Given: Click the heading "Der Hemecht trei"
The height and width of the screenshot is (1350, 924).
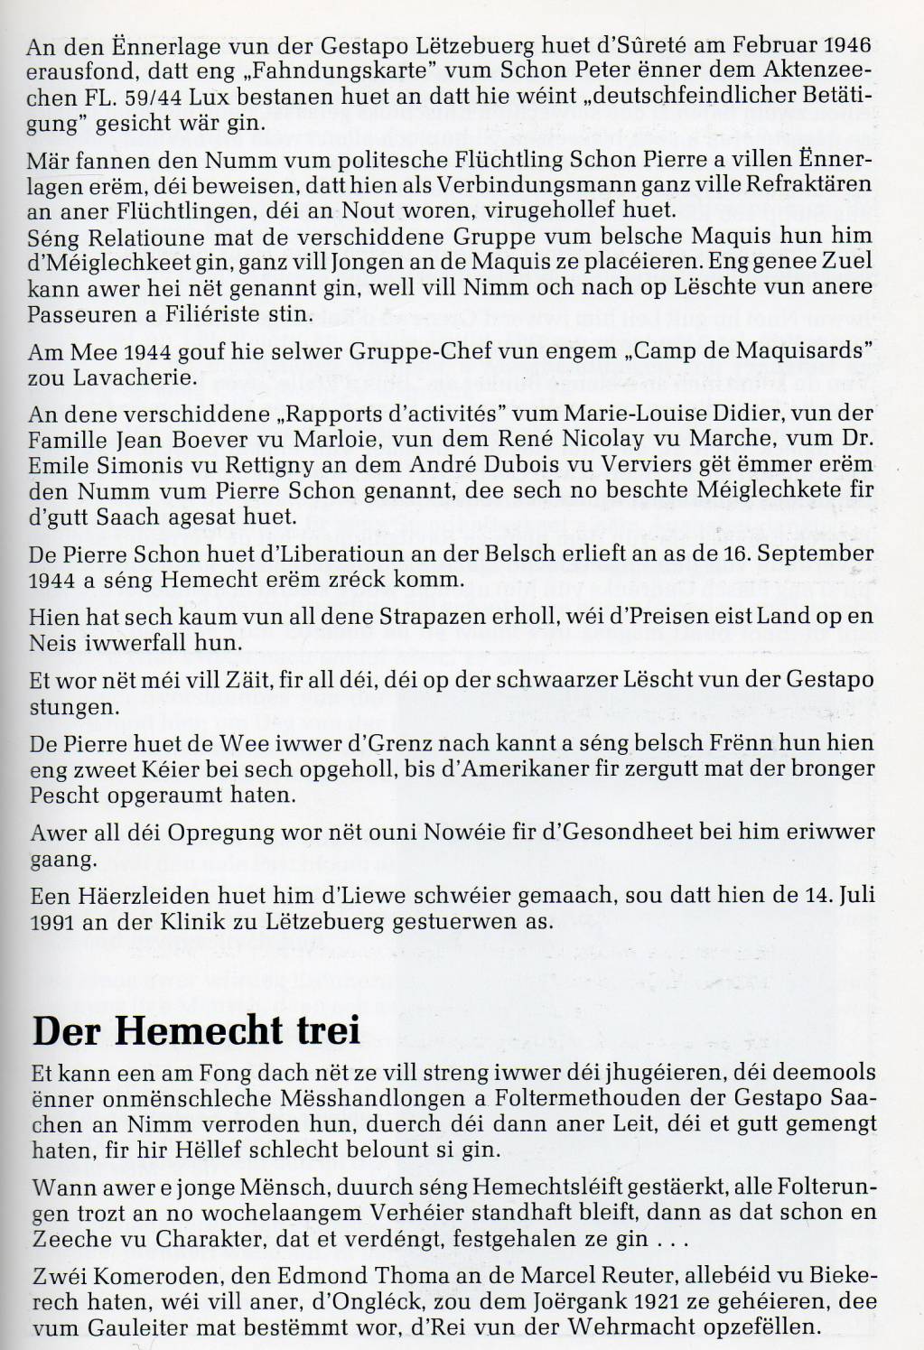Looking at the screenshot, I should pyautogui.click(x=196, y=1031).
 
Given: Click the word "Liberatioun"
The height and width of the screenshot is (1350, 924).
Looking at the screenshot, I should pyautogui.click(x=307, y=553).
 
